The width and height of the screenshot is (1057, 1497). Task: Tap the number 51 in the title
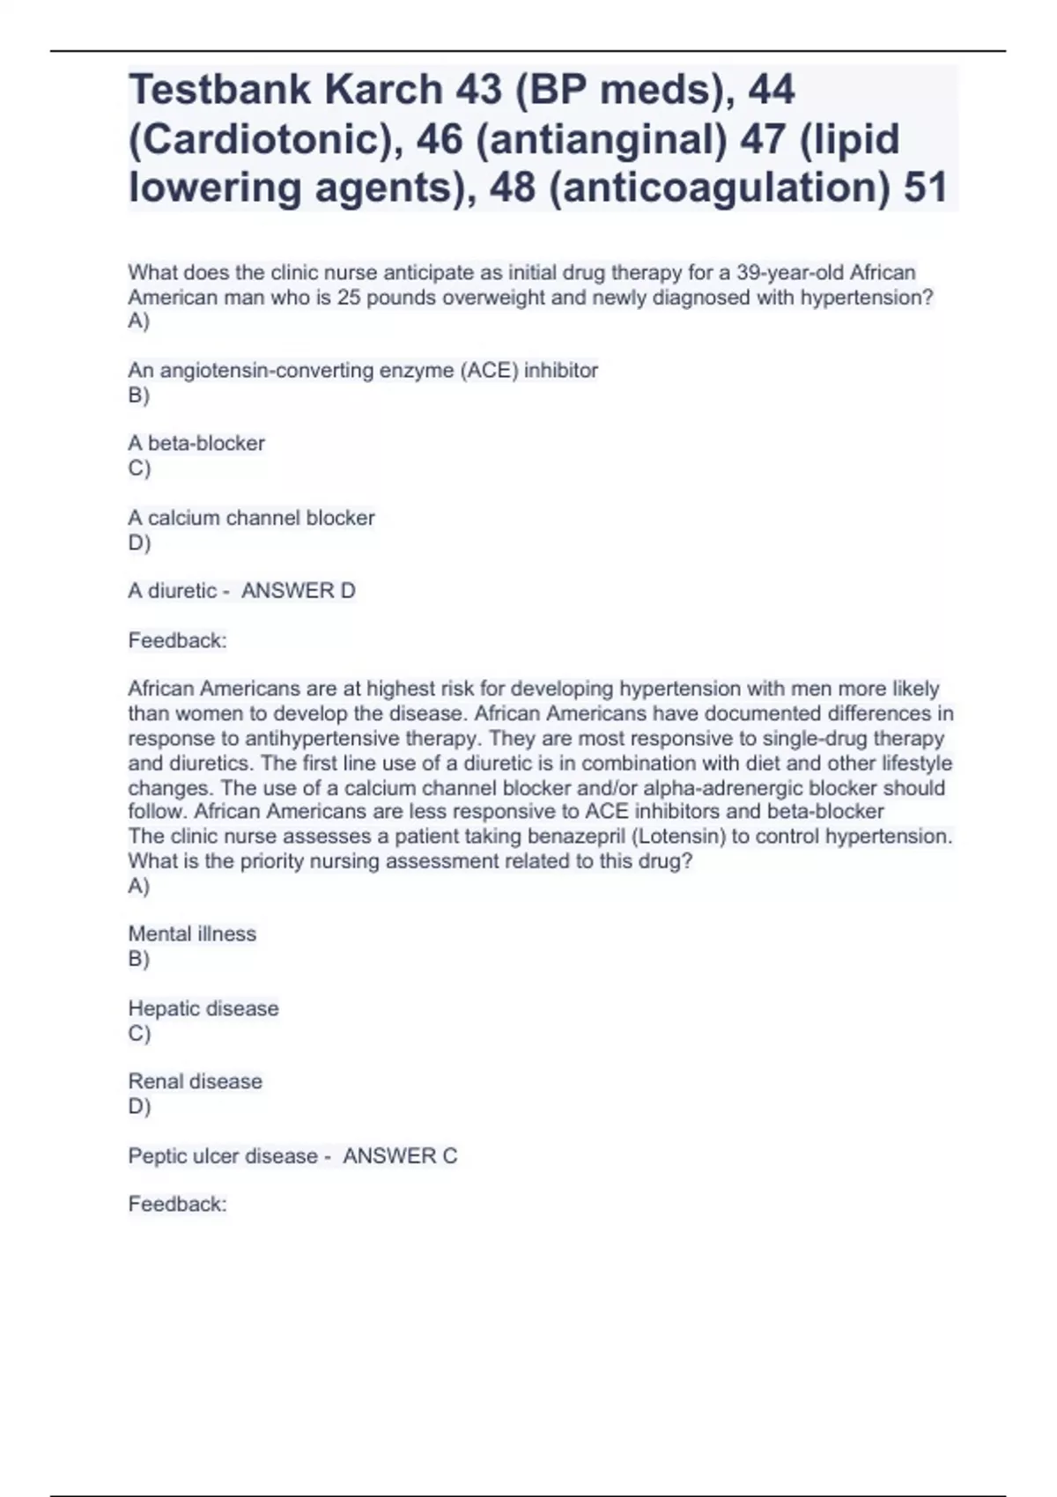926,188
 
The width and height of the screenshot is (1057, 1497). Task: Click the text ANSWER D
299,591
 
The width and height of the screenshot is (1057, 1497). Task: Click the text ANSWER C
400,1156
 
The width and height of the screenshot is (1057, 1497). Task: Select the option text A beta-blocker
196,443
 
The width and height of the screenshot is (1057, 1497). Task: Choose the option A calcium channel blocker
251,518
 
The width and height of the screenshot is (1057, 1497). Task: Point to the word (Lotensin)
678,837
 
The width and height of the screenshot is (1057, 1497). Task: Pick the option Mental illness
192,934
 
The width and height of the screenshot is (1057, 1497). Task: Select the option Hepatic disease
203,1008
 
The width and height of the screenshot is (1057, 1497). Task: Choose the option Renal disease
196,1081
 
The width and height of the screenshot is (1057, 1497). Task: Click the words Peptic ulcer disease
223,1156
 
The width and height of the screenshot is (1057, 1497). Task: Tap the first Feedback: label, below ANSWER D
177,641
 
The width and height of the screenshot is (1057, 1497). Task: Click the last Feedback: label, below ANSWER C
177,1204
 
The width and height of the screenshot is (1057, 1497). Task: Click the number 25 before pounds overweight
349,298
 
